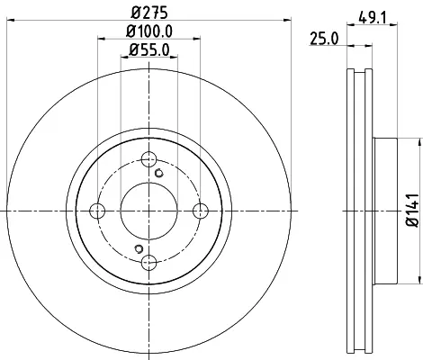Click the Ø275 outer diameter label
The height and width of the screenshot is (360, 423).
pyautogui.click(x=149, y=13)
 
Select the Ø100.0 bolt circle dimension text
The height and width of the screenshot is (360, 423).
pyautogui.click(x=149, y=31)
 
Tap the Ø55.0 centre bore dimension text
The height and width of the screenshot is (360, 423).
pyautogui.click(x=149, y=49)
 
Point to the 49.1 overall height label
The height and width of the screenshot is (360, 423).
pyautogui.click(x=373, y=17)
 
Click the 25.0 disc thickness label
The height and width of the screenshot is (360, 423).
pyautogui.click(x=324, y=39)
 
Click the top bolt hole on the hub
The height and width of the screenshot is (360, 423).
pyautogui.click(x=148, y=159)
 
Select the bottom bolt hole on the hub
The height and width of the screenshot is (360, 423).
pyautogui.click(x=148, y=263)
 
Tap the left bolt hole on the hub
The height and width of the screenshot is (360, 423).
pyautogui.click(x=97, y=211)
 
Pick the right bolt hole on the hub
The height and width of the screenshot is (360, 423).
pyautogui.click(x=201, y=211)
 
